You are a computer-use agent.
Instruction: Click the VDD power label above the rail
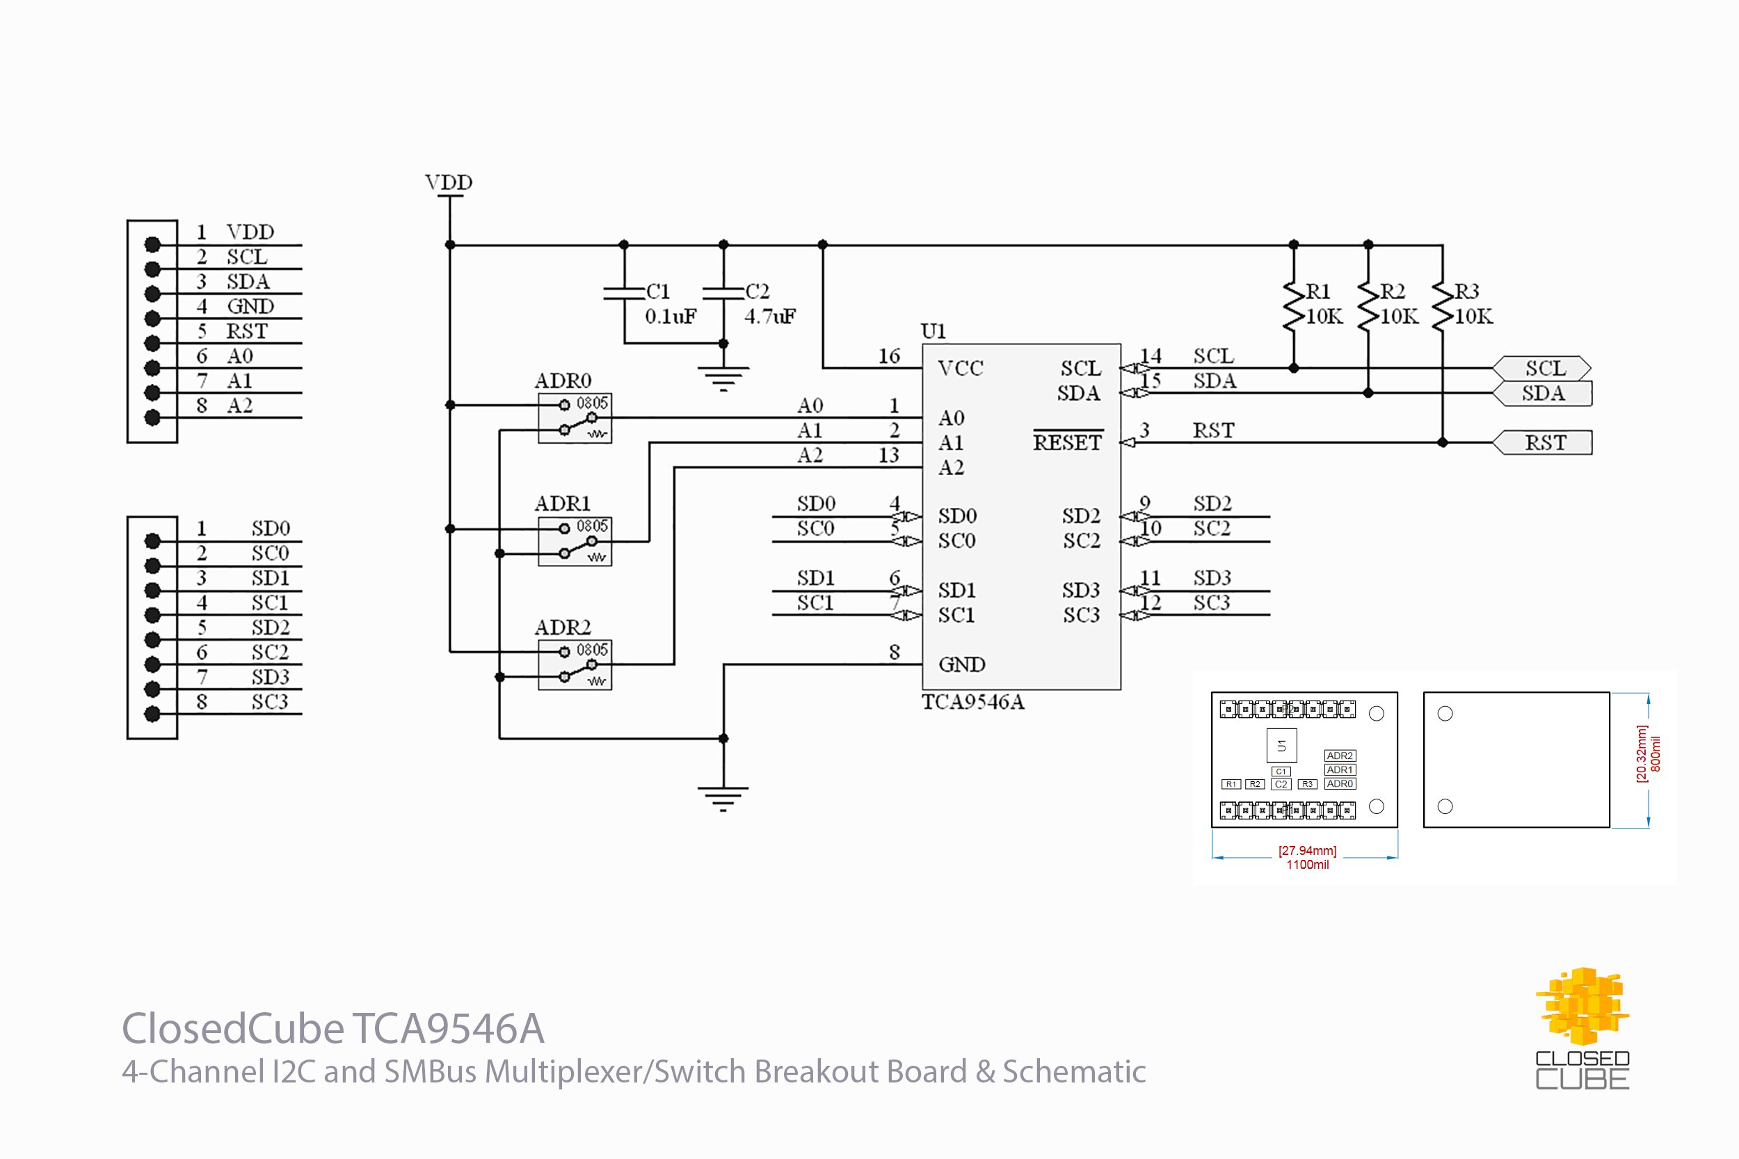tap(448, 182)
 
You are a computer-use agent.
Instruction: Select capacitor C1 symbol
tap(624, 294)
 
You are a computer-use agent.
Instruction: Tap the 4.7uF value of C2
tap(769, 317)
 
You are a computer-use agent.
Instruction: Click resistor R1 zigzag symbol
tap(1292, 305)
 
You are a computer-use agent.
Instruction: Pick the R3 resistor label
tap(1466, 291)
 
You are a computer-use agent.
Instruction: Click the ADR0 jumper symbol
tap(575, 418)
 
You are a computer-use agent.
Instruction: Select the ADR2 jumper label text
tap(563, 628)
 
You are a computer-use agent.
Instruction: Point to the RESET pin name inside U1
tap(1067, 442)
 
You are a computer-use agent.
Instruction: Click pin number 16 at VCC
tap(888, 356)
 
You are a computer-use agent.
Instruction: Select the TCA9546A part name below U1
tap(972, 702)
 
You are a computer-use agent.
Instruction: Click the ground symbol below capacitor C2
tap(723, 378)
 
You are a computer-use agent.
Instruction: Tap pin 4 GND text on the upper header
tap(250, 306)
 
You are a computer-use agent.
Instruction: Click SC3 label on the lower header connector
tap(269, 701)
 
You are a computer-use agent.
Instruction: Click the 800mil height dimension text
tap(1656, 754)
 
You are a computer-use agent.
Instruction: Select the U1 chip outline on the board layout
tap(1281, 746)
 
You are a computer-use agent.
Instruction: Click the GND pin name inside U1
tap(961, 664)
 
